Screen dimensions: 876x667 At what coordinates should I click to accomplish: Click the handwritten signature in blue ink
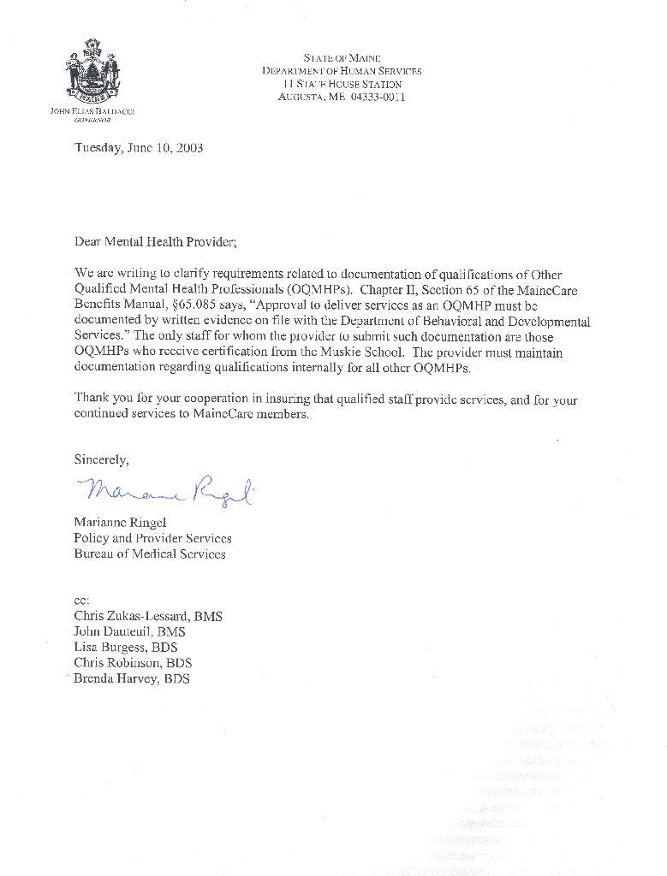click(x=167, y=490)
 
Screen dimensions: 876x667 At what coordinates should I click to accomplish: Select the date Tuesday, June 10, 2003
click(x=139, y=147)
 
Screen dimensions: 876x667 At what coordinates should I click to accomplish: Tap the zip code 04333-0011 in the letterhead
click(x=378, y=97)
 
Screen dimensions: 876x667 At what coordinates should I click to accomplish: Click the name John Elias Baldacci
click(x=92, y=111)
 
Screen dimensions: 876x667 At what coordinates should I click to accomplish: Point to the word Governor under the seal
click(x=92, y=121)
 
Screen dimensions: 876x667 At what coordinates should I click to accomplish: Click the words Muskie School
click(x=369, y=352)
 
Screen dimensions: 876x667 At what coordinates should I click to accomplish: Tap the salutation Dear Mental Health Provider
click(x=154, y=242)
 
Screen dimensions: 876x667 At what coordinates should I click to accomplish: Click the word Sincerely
click(x=101, y=460)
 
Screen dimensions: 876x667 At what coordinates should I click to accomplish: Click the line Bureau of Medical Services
click(x=150, y=553)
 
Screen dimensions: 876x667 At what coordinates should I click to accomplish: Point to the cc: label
click(x=81, y=601)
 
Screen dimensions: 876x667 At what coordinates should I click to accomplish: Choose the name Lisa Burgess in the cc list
click(x=110, y=648)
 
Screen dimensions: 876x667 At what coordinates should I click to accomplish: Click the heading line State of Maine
click(x=342, y=58)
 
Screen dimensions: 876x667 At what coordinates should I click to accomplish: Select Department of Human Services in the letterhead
click(x=342, y=71)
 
